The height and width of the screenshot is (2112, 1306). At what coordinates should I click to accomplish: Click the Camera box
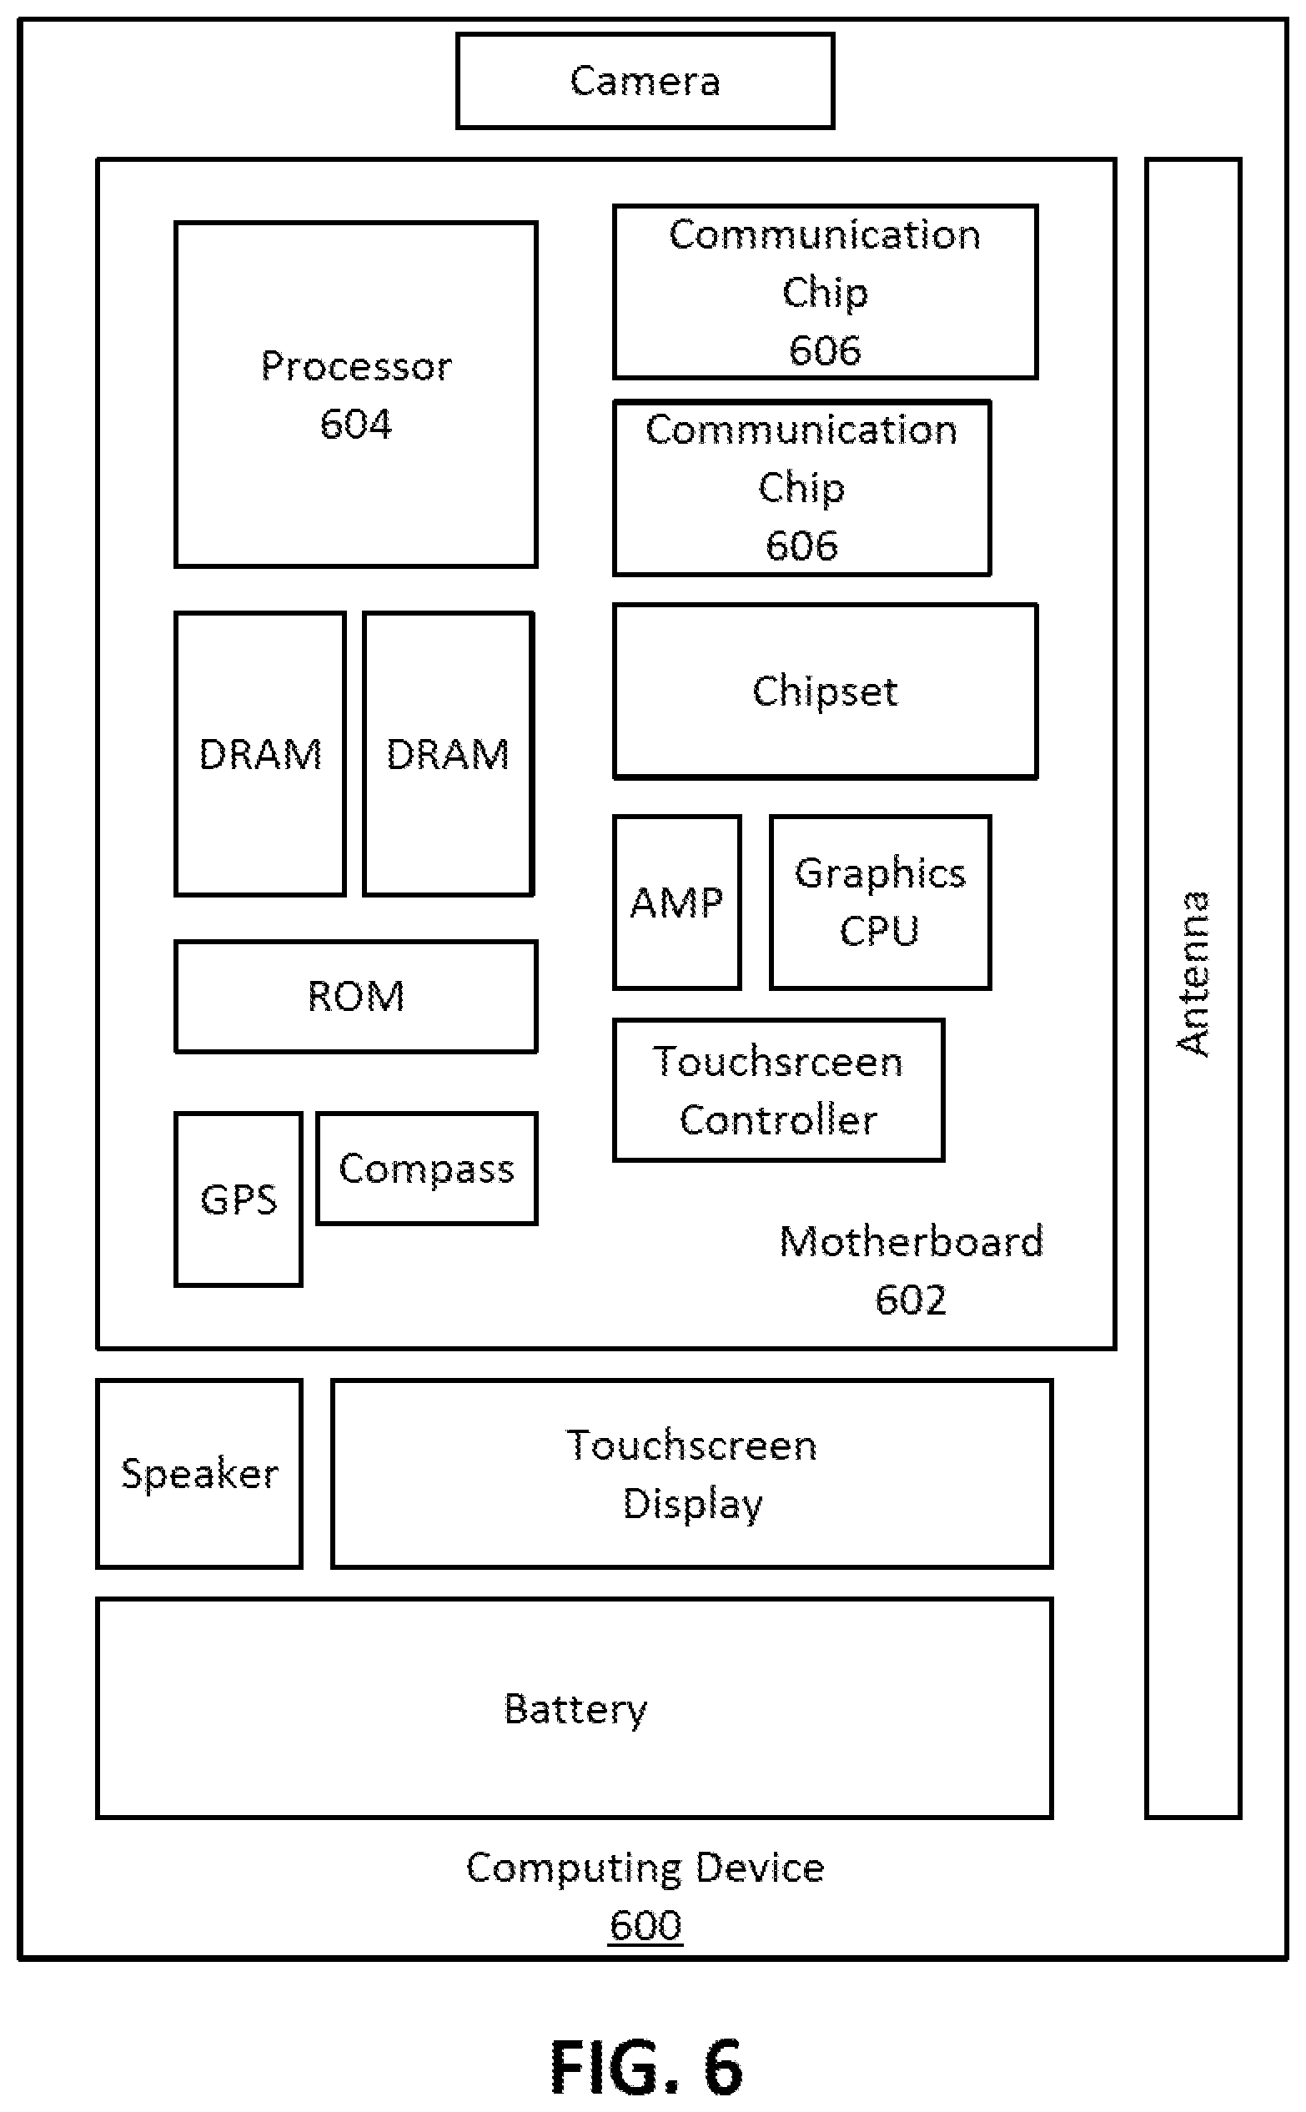[x=645, y=80]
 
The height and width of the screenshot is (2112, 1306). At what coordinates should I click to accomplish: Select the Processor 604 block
[x=356, y=395]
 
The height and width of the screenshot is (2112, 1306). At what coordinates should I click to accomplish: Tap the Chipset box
[x=825, y=691]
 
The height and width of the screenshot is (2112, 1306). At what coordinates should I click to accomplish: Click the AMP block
[x=677, y=902]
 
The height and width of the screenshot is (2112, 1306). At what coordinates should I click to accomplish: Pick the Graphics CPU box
[x=880, y=902]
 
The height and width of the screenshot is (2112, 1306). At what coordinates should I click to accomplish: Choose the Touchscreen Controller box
[x=778, y=1090]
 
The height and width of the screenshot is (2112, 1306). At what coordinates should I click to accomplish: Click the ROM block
[x=356, y=996]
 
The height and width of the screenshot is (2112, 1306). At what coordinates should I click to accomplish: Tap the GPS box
[x=239, y=1199]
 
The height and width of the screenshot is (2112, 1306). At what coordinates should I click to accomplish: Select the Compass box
[x=427, y=1168]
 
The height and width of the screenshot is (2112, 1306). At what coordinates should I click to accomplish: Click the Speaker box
[x=199, y=1474]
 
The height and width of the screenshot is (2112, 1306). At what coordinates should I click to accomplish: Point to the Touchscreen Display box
[x=692, y=1474]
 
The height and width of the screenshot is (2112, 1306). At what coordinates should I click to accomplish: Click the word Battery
[x=575, y=1708]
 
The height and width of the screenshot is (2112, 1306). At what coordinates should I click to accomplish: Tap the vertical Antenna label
[x=1193, y=973]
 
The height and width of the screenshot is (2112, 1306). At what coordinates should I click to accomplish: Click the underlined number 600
[x=645, y=1924]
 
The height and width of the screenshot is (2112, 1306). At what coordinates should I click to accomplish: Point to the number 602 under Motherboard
[x=911, y=1300]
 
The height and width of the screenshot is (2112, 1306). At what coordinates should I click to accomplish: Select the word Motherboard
[x=912, y=1241]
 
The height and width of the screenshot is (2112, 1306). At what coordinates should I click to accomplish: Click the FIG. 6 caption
[x=646, y=2067]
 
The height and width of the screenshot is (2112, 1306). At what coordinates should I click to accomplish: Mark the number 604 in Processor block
[x=356, y=423]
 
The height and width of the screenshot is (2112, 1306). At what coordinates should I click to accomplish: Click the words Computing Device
[x=645, y=1868]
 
